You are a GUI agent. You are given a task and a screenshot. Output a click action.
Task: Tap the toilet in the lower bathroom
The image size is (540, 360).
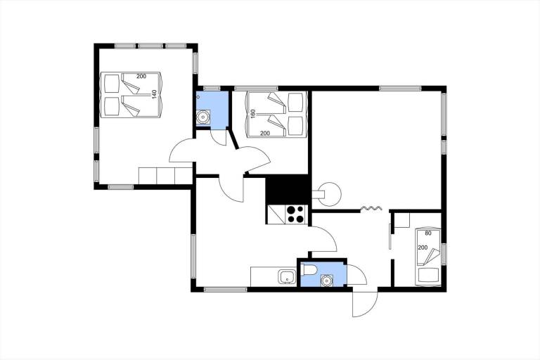pos(307,270)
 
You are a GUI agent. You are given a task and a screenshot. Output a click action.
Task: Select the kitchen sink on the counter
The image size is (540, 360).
pos(287,277)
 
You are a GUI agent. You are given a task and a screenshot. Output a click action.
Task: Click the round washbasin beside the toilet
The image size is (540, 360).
pos(326,281)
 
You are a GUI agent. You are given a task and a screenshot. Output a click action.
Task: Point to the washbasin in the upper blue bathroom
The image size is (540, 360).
pos(202,117)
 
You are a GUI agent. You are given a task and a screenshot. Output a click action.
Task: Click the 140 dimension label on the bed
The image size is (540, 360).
pos(154,94)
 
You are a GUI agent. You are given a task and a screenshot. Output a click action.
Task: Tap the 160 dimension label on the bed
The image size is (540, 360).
pos(253,114)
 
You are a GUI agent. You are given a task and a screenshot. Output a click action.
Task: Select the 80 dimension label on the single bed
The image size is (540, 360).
pos(428,233)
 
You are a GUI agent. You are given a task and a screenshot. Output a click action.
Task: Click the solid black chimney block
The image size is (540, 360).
pos(287,189)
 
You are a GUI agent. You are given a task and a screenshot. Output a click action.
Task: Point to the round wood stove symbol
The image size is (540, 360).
pos(329,194)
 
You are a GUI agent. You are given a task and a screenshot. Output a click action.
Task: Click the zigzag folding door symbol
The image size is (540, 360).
pos(371,208)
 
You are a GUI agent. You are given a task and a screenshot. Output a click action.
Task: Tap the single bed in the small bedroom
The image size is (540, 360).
pos(428,257)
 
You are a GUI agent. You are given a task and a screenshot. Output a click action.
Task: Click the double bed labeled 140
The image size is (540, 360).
pos(131,95)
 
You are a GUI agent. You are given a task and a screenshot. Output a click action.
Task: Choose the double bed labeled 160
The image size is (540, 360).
pos(276,115)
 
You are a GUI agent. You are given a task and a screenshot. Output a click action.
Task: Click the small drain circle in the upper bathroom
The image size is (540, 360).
pos(198,97)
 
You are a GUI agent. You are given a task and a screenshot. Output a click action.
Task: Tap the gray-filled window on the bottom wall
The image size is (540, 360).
pos(120,187)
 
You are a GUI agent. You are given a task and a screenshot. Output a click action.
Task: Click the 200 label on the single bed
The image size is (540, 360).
pos(423,247)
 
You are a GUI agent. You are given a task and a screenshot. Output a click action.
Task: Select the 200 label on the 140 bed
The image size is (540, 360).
pos(141,77)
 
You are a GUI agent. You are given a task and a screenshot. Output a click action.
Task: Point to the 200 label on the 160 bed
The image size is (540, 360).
pos(265,134)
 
